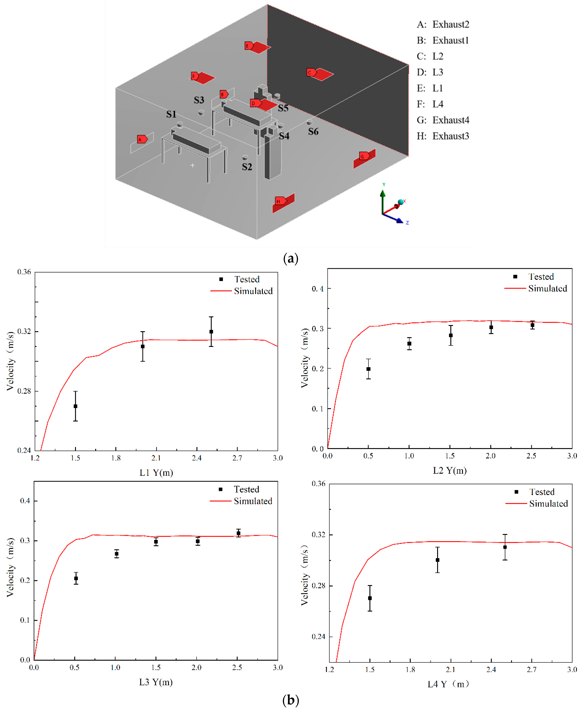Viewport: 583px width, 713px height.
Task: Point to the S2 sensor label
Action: [247, 167]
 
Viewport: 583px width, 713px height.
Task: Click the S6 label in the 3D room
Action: [313, 131]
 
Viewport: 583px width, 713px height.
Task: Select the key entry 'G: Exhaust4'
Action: [443, 120]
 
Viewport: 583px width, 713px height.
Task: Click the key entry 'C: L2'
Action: [430, 56]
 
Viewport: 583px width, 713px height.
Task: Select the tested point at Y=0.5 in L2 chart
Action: [368, 369]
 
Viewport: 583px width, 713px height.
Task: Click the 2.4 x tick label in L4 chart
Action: [491, 669]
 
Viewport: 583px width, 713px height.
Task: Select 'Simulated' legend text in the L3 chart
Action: [253, 501]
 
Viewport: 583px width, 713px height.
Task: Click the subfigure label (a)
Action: [290, 259]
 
